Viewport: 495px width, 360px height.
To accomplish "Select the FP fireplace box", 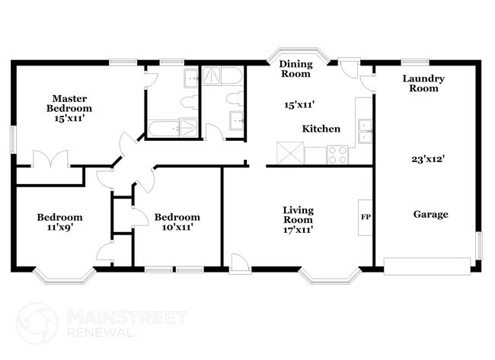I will click(365, 216).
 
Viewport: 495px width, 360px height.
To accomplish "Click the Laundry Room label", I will click(423, 83).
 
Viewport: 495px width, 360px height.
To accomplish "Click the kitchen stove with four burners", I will click(337, 155).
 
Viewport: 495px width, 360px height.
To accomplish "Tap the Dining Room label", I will click(295, 68).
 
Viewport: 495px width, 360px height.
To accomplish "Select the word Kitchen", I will click(321, 129).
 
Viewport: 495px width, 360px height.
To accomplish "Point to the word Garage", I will click(431, 215).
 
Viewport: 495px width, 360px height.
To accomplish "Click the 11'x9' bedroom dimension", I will click(59, 228).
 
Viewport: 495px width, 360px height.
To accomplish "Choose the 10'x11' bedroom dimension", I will click(177, 228).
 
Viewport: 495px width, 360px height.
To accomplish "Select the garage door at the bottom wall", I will click(426, 265).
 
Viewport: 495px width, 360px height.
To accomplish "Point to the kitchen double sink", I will click(364, 130).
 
